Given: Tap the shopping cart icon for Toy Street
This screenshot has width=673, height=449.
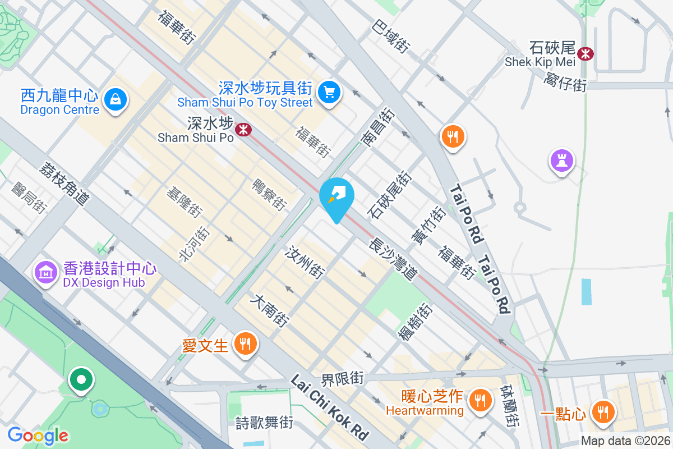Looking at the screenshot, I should pos(328,92).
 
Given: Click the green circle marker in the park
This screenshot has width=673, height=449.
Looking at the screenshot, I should pos(81,380).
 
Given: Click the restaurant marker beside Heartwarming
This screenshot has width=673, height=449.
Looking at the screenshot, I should pos(480,400).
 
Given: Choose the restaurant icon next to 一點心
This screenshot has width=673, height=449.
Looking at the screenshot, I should pos(603,413).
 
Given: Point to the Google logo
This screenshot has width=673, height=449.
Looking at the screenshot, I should pos(38,435).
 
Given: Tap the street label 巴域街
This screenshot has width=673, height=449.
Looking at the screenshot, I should pos(390,36).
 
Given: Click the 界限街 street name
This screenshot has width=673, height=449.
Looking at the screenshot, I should pos(343,378).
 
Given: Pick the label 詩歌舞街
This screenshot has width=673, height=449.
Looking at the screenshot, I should pos(264,422).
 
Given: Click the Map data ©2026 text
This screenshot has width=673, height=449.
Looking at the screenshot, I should pos(625,441).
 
